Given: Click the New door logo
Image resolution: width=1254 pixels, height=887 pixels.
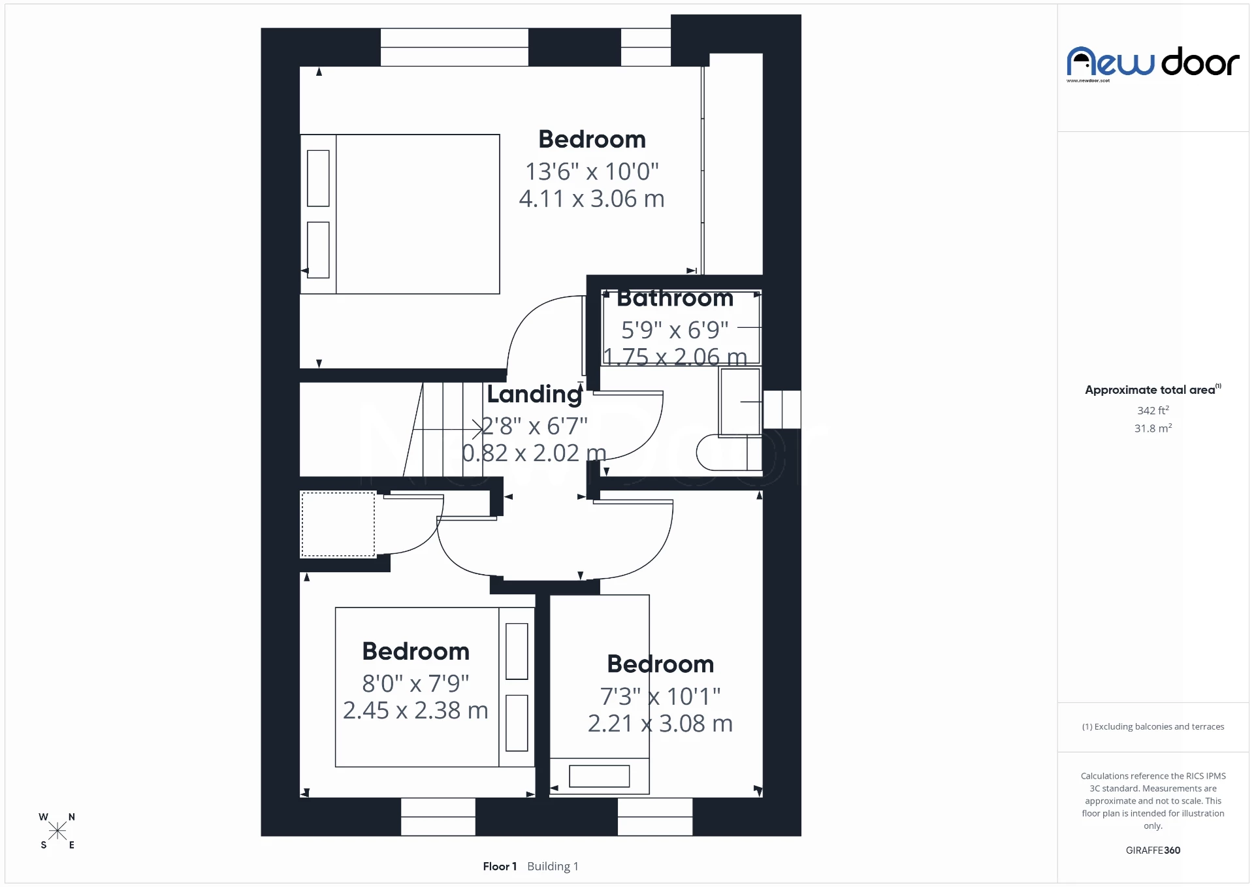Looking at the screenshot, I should click(1153, 63).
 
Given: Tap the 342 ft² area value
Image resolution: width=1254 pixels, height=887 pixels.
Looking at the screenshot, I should click(1153, 410).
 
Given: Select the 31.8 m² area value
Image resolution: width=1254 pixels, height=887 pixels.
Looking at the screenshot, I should click(1153, 428).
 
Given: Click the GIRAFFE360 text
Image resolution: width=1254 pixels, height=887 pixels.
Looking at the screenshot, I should click(1153, 850).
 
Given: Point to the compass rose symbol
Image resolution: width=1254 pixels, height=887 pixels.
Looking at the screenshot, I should click(57, 831).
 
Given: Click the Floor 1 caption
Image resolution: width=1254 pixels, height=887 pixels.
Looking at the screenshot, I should click(500, 866).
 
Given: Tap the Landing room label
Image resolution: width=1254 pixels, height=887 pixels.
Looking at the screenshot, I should click(534, 394).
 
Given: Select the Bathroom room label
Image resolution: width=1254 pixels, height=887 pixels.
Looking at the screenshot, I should click(675, 298).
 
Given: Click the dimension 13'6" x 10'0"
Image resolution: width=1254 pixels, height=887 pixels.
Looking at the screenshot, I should click(592, 171).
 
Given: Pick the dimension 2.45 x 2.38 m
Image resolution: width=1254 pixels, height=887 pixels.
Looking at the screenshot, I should click(415, 711).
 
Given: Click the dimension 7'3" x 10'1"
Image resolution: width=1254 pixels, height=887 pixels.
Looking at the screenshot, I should click(660, 696).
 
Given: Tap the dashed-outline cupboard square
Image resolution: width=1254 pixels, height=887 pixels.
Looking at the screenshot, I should click(338, 524).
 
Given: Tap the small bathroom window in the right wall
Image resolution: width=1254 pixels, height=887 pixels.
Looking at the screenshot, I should click(782, 410).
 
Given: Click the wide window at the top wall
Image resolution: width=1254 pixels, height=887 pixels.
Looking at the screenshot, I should click(454, 47).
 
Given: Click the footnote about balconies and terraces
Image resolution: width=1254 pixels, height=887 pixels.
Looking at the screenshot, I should click(1153, 726).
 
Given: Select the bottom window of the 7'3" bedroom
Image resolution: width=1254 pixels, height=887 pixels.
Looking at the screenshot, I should click(654, 816).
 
